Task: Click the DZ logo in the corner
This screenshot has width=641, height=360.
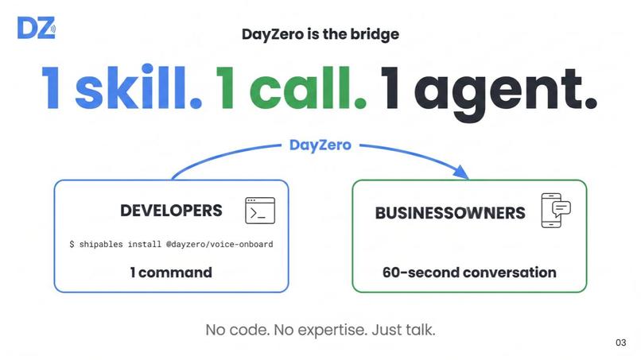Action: (x=36, y=29)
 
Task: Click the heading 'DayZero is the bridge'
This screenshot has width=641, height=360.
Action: (x=320, y=34)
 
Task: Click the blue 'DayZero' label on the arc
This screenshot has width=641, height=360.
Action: (x=320, y=145)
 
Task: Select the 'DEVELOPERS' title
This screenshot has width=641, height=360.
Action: (x=171, y=211)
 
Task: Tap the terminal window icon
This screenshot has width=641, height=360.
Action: (x=259, y=211)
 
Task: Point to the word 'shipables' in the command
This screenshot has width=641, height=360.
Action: (x=101, y=244)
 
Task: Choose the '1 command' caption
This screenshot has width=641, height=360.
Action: (x=171, y=273)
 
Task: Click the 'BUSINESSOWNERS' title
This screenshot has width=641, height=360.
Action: (x=449, y=213)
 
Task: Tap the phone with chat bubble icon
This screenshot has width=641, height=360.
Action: (x=556, y=211)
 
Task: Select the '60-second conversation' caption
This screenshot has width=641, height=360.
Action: (x=469, y=273)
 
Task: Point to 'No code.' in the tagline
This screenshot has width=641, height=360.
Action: (x=233, y=329)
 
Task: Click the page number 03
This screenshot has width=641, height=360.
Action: (x=620, y=343)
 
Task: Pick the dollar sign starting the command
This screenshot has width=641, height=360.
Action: (x=72, y=244)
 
